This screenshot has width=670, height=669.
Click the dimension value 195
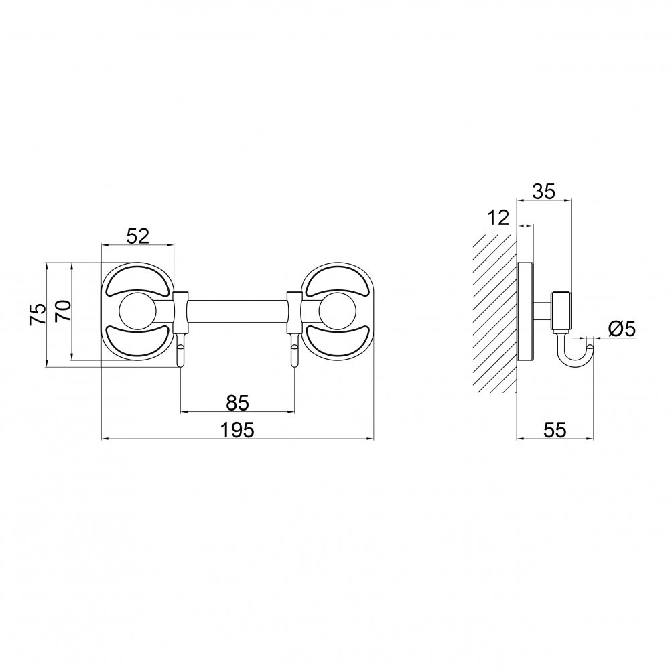tap(237, 429)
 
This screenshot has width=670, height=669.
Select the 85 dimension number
tap(237, 402)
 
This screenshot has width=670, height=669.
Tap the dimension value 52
tap(137, 236)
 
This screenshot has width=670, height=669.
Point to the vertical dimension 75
tap(38, 315)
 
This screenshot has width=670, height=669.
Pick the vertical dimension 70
tap(63, 311)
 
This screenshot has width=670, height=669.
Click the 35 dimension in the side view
tap(543, 191)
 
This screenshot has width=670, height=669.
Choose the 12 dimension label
tap(498, 218)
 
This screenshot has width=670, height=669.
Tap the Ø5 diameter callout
tap(622, 329)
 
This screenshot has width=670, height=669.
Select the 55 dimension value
tap(555, 429)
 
